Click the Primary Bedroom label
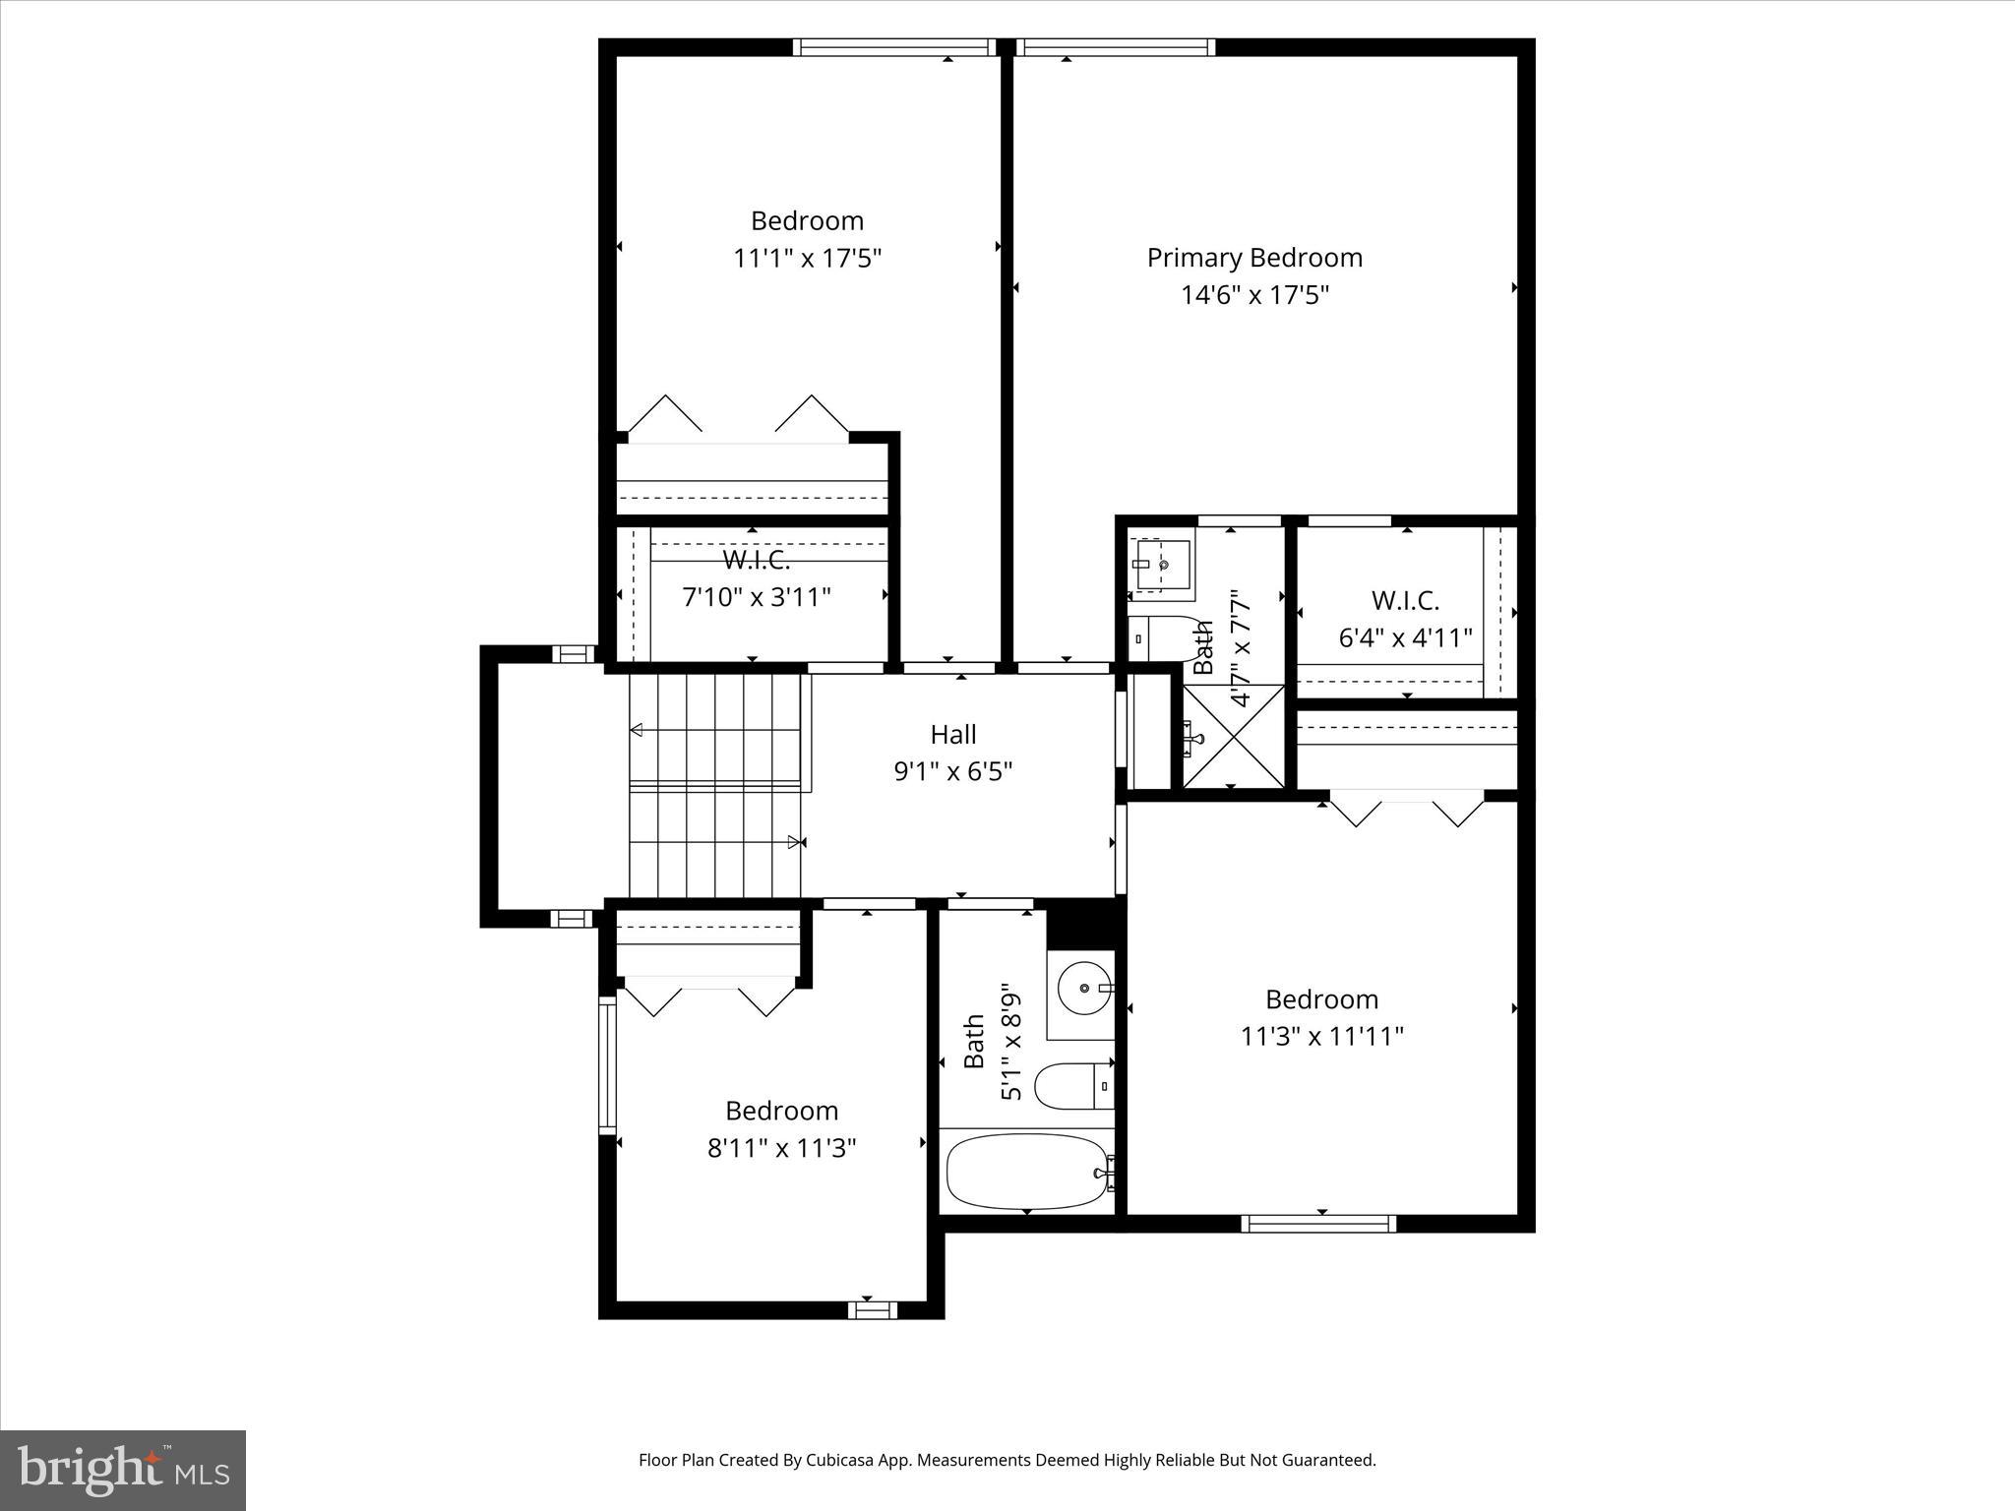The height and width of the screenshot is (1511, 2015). (x=1254, y=258)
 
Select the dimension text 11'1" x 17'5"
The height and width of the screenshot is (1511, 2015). (x=807, y=259)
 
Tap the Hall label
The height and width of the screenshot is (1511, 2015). (x=953, y=734)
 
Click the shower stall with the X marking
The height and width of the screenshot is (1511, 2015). (x=1233, y=736)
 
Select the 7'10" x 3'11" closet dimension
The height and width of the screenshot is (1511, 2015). (x=757, y=597)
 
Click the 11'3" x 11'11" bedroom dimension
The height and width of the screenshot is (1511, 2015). (x=1321, y=1036)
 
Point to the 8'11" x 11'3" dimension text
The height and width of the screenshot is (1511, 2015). (x=782, y=1148)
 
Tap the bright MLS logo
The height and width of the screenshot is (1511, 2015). (x=123, y=1471)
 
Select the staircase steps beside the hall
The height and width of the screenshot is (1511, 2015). (x=716, y=785)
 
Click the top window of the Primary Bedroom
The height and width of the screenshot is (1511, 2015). (x=1115, y=47)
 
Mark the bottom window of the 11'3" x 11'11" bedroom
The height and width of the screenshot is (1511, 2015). (x=1318, y=1224)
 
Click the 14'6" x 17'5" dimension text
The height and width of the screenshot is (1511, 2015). (x=1254, y=295)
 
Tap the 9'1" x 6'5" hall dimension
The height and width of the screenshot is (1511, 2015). (x=953, y=771)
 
